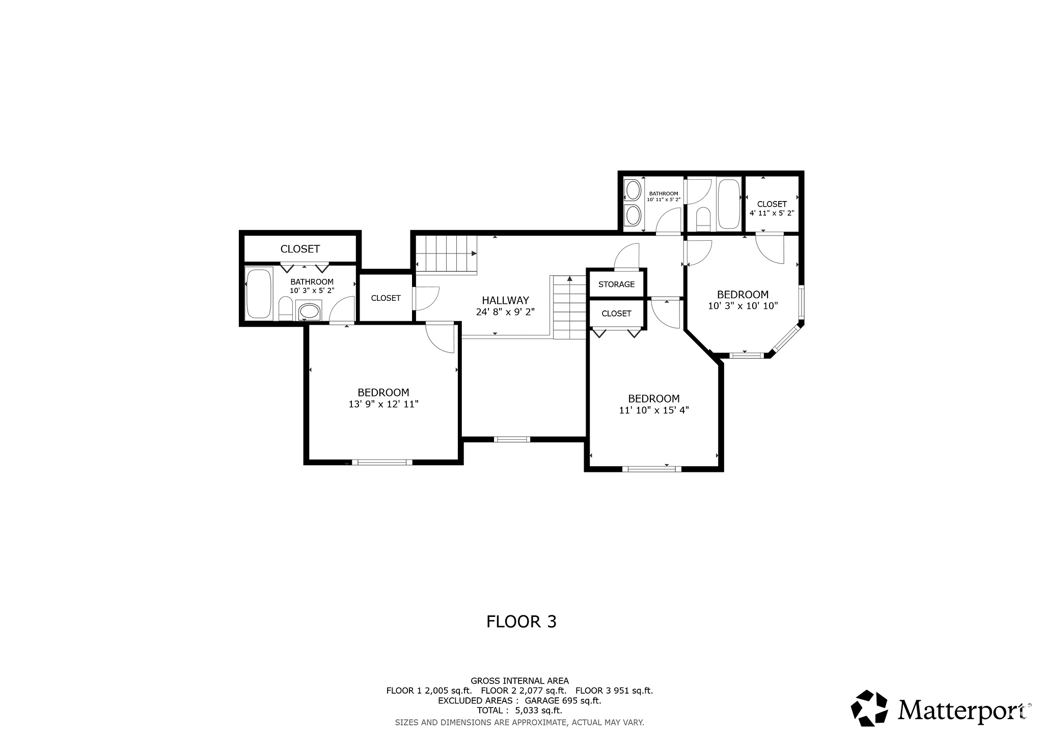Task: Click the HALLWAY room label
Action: [505, 300]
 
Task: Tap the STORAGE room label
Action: [616, 284]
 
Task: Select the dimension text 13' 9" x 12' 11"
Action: [383, 404]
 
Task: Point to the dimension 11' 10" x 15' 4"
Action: [653, 410]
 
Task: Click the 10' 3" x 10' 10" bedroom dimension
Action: [743, 306]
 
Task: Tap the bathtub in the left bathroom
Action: [258, 294]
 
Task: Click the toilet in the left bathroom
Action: [285, 310]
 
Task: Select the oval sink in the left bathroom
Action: [309, 310]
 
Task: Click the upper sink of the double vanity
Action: [633, 191]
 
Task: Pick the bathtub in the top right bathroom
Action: [729, 204]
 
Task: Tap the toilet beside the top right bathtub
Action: [703, 217]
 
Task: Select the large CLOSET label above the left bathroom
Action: [300, 249]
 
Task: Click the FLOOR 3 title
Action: [521, 621]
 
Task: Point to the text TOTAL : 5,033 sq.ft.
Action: [519, 711]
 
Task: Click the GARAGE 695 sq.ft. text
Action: [559, 701]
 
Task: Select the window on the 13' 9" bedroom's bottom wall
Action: [382, 462]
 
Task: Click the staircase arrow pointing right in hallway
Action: [474, 253]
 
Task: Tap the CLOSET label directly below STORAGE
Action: [616, 314]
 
